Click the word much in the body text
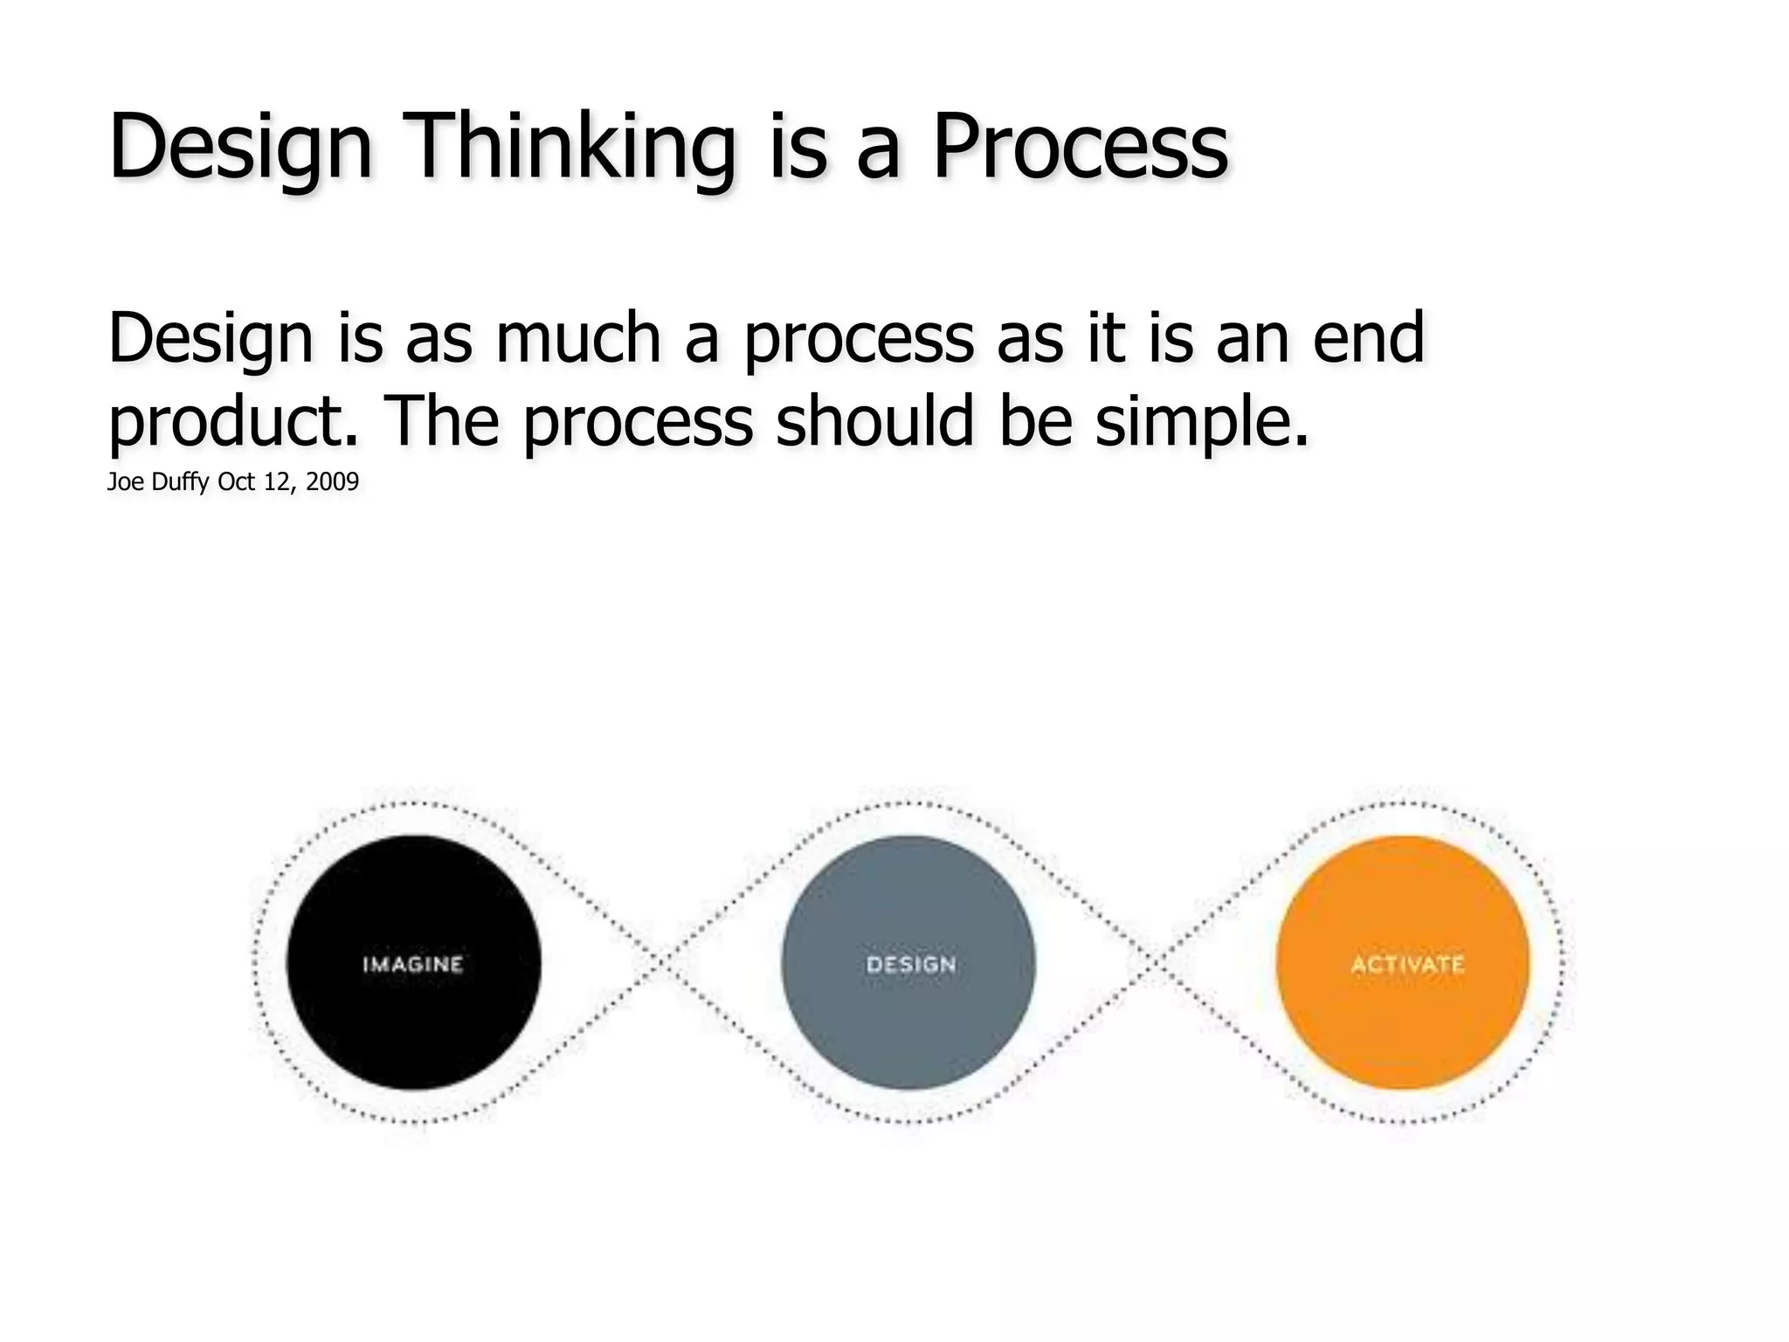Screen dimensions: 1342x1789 pos(577,337)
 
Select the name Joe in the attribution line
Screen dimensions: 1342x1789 pos(126,482)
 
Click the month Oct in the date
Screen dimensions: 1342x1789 pos(236,482)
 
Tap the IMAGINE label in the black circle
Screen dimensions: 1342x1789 pos(413,965)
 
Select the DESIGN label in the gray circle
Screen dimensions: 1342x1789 pos(911,965)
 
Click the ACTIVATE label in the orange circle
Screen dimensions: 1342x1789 pos(1407,965)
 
